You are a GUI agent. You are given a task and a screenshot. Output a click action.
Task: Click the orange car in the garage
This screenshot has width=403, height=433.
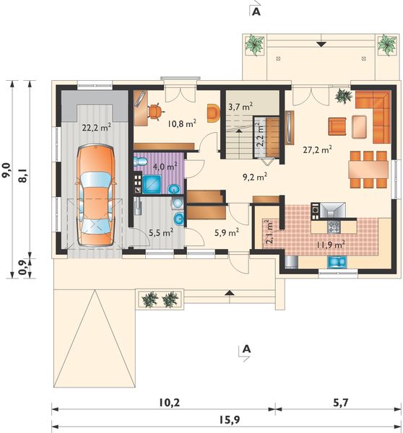click(x=95, y=195)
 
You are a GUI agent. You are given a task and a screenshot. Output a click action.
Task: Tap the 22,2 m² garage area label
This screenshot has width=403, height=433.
click(x=97, y=127)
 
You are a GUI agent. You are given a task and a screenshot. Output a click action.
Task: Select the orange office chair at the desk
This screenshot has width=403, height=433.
click(x=155, y=111)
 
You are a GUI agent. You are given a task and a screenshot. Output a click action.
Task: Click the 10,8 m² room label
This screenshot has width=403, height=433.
click(x=182, y=123)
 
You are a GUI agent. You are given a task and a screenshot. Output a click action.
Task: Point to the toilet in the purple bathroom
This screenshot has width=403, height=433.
click(x=140, y=161)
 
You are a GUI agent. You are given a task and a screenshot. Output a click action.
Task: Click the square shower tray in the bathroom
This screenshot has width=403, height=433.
click(x=152, y=184)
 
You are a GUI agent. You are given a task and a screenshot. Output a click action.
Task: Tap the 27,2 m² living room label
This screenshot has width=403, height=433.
click(x=317, y=149)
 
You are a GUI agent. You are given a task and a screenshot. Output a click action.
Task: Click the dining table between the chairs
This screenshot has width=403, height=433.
click(x=368, y=170)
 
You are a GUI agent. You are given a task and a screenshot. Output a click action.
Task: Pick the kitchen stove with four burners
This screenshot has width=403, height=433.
click(x=334, y=227)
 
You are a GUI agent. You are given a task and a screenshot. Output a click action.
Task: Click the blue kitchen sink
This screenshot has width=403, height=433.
click(x=337, y=262)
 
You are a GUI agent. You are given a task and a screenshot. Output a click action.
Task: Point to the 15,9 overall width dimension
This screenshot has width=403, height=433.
click(x=230, y=420)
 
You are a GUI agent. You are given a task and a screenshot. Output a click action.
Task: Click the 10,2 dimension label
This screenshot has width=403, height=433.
click(x=169, y=403)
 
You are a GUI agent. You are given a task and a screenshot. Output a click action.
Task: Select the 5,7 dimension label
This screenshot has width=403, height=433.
click(x=340, y=403)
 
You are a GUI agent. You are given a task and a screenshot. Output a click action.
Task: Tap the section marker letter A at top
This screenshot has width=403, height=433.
click(x=256, y=12)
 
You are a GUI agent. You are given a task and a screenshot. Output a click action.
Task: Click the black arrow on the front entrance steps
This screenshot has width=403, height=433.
click(x=230, y=293)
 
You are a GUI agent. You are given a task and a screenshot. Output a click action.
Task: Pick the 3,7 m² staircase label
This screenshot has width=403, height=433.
click(x=240, y=106)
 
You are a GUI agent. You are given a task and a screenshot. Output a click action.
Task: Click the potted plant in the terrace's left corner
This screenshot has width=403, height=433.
click(x=254, y=45)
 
